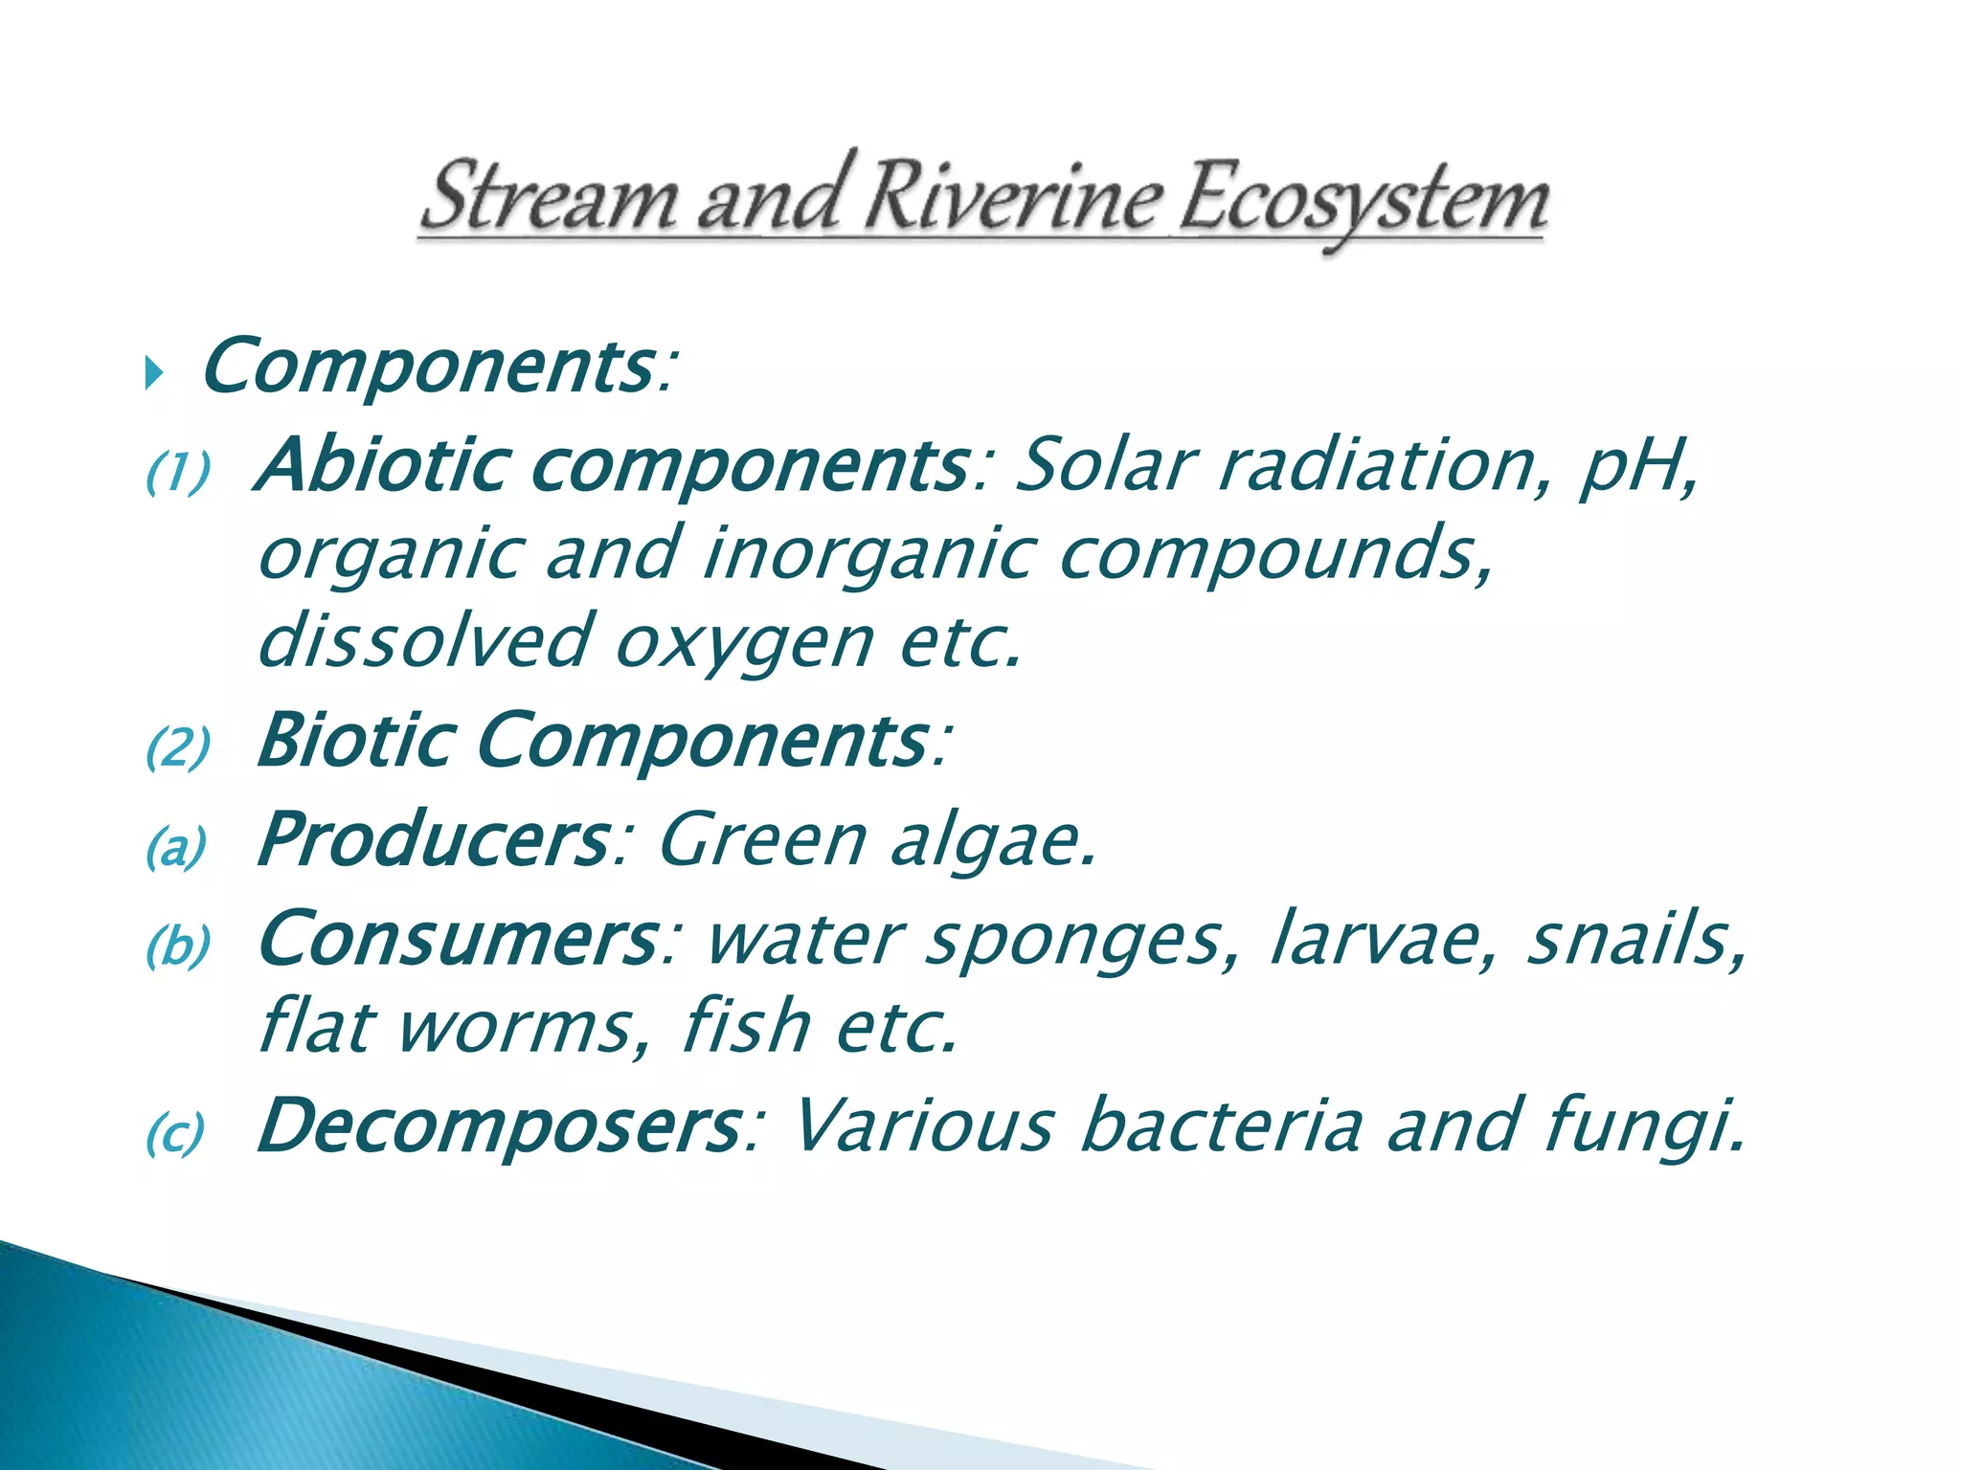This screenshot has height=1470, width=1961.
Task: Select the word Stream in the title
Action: (x=549, y=199)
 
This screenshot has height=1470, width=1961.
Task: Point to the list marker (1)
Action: (x=178, y=473)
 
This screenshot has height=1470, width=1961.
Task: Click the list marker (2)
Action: (x=178, y=747)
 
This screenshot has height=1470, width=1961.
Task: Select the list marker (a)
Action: (x=176, y=847)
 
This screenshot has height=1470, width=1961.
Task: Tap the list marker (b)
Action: (x=178, y=947)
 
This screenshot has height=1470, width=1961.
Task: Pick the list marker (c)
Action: (x=176, y=1134)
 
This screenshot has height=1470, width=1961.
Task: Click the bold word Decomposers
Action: (x=498, y=1125)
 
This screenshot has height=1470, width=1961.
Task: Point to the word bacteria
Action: (x=1222, y=1125)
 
